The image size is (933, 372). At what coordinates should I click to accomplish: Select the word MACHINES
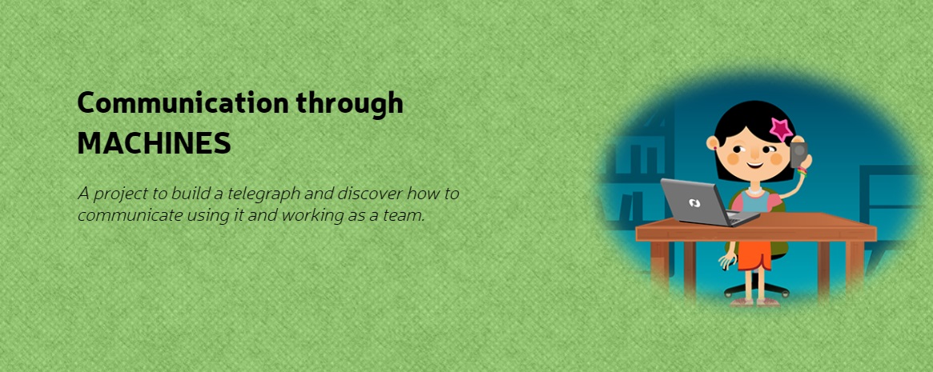(x=154, y=144)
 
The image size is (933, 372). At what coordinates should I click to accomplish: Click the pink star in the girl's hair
(x=781, y=128)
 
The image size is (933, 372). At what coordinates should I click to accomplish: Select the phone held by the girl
(x=798, y=154)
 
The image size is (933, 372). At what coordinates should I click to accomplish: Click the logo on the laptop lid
(x=694, y=202)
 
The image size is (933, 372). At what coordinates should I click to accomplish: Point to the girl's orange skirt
(x=754, y=255)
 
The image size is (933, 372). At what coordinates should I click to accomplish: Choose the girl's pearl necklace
(x=754, y=190)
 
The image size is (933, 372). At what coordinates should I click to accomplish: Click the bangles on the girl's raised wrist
(x=802, y=172)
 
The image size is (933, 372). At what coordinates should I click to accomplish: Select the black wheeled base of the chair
(x=756, y=289)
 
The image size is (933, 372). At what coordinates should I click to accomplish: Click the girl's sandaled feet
(x=754, y=302)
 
